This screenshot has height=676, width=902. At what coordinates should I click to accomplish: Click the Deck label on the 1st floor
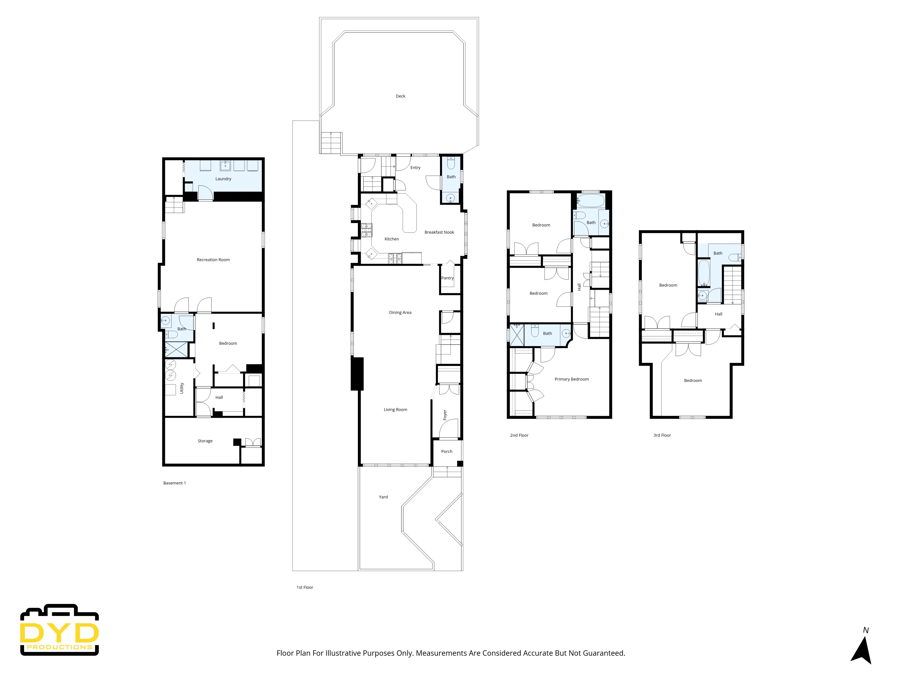coord(400,96)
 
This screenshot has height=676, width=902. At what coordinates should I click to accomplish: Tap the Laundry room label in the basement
coord(223,179)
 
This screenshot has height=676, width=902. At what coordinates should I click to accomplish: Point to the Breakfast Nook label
coord(439,232)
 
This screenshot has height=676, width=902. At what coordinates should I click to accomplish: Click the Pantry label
coord(447,278)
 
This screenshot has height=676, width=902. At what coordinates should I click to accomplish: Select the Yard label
coord(383,497)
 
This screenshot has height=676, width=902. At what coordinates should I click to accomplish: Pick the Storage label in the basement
coord(205,441)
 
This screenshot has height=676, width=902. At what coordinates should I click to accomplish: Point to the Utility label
coord(182,388)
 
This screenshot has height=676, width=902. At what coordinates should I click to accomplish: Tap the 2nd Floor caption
coord(519,435)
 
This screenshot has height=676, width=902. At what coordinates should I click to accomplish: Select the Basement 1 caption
coord(175,483)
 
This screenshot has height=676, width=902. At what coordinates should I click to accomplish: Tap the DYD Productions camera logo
coord(60,630)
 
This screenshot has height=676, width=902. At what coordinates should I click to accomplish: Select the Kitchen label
coord(391,239)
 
